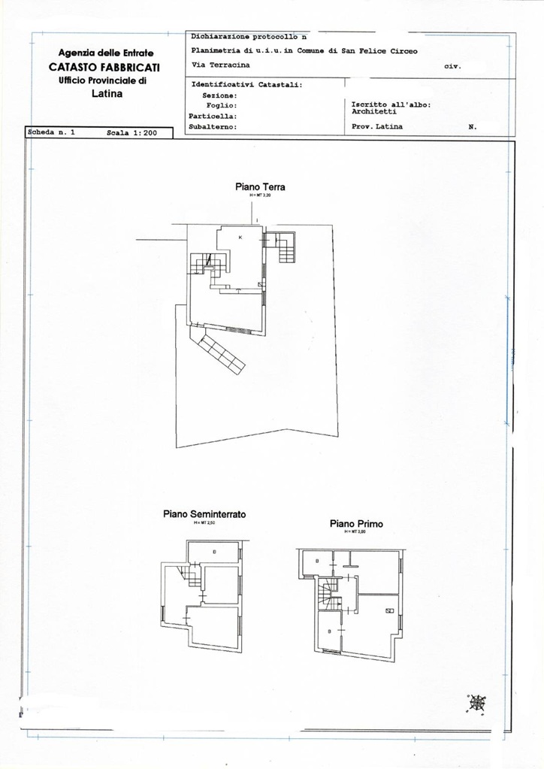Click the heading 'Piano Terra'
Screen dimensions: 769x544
259,187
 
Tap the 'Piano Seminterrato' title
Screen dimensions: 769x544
204,514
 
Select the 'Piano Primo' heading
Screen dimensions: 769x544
356,523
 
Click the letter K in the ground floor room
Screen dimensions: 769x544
240,238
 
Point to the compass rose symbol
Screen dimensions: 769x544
476,703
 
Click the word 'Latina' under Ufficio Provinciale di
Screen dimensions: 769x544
107,94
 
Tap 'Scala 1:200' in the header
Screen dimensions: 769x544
131,132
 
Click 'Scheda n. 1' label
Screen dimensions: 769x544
51,132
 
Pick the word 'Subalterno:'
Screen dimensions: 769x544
213,127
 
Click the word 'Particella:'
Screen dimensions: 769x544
213,117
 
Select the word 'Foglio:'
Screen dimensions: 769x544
222,106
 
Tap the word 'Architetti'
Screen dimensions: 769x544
373,111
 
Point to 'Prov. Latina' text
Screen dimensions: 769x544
377,126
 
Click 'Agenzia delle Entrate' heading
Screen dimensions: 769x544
106,53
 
